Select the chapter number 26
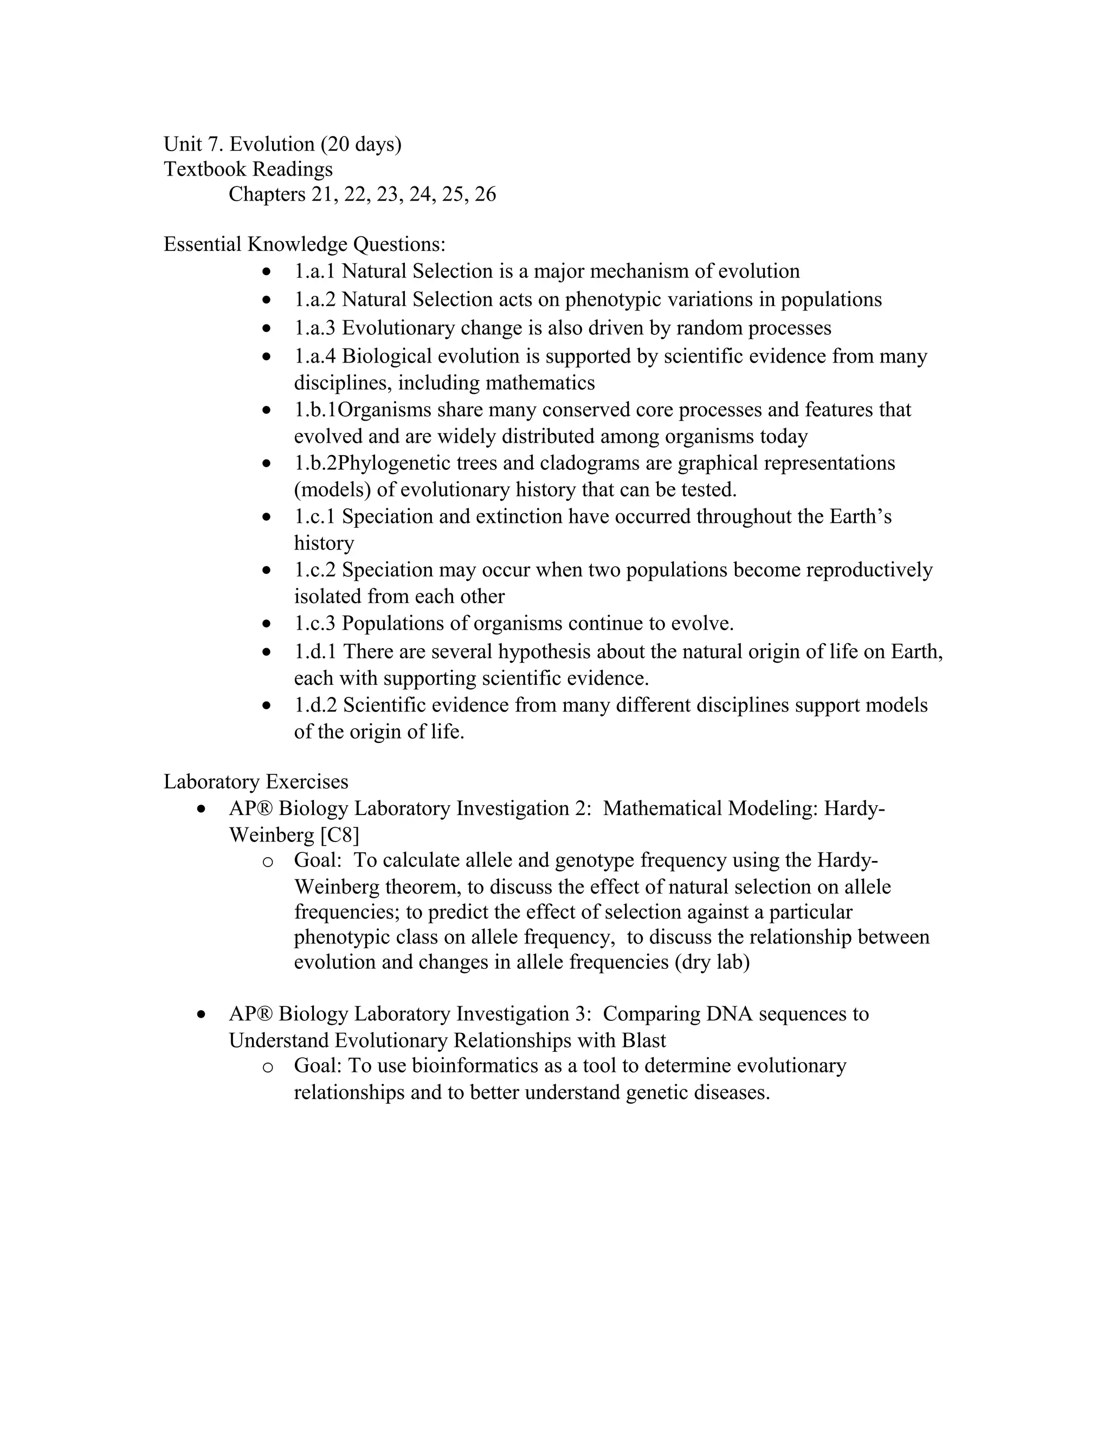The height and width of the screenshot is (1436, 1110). click(485, 194)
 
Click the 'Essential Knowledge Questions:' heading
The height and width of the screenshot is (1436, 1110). click(305, 244)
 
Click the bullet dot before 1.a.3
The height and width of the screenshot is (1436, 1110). click(266, 327)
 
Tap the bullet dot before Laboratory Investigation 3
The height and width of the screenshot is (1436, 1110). click(202, 1014)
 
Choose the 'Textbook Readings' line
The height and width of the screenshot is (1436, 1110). click(248, 169)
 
